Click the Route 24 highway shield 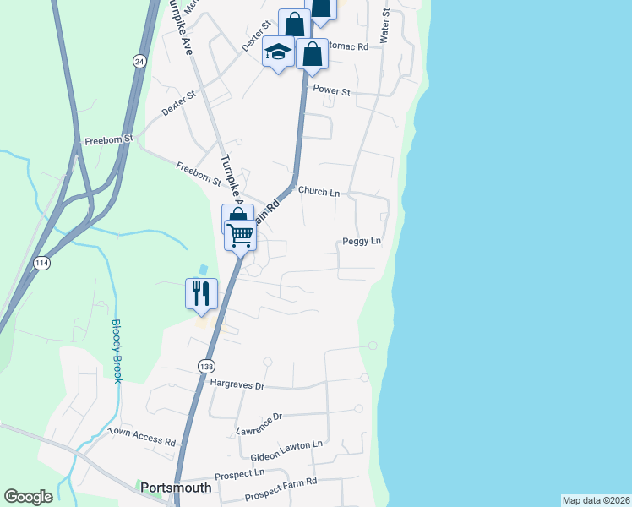tap(139, 61)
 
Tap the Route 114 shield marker tap(41, 264)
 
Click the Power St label tap(331, 90)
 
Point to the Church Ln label tap(318, 192)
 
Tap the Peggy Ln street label tap(362, 242)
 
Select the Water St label tap(384, 26)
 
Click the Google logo tap(28, 497)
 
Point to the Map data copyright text tap(596, 500)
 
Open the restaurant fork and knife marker tap(201, 294)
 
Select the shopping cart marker tap(241, 235)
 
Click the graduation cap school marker tap(278, 53)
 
